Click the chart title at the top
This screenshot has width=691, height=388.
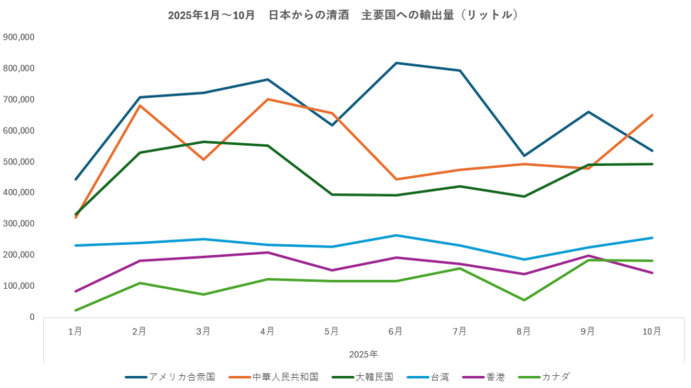343,14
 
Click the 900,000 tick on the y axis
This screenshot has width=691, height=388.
19,37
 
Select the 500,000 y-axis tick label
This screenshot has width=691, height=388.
19,162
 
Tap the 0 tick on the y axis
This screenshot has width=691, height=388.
32,317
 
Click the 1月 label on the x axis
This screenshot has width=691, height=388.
76,331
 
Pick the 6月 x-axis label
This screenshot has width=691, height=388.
395,331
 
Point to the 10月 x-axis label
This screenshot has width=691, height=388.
652,331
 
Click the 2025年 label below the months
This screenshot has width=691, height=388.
363,354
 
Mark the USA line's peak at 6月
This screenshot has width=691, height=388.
396,63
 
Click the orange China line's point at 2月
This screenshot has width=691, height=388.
140,105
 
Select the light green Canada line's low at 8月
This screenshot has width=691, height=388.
524,300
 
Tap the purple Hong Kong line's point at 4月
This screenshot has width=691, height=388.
268,252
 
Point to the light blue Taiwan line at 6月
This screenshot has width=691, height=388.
396,235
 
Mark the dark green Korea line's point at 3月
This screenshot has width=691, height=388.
204,142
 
